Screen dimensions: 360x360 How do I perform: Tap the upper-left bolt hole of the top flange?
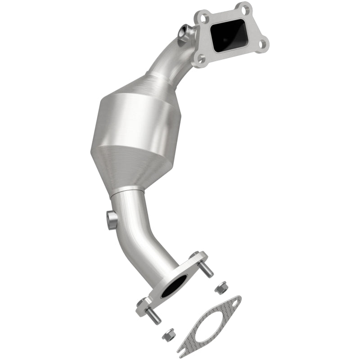[x=202, y=17]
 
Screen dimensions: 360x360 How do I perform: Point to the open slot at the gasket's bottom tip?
[x=183, y=346]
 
